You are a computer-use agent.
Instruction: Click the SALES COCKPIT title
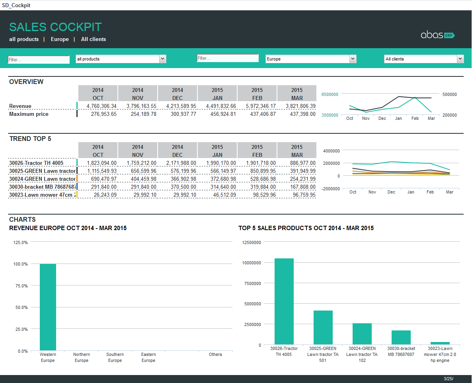[55, 27]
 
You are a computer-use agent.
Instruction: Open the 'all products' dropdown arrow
[162, 59]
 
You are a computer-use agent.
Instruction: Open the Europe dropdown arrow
[353, 59]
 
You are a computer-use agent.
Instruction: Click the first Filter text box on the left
[39, 60]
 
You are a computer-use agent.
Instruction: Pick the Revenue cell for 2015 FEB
[257, 106]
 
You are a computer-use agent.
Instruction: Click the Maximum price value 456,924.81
[217, 114]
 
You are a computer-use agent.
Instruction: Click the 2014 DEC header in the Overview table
[177, 94]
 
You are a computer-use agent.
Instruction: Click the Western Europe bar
[48, 307]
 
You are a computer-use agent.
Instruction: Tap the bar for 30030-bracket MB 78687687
[401, 337]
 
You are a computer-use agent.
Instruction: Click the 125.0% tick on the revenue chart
[21, 242]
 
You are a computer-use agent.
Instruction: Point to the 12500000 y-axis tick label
[252, 242]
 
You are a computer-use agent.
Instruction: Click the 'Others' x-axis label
[215, 354]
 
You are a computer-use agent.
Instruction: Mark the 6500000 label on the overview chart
[330, 94]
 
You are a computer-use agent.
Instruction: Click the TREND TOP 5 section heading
[30, 139]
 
